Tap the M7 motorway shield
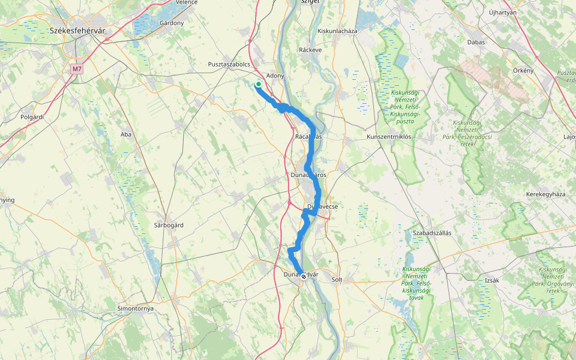click(76, 69)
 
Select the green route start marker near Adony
click(258, 85)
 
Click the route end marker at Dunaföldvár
click(304, 277)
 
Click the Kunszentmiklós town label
click(389, 137)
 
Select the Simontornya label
click(136, 308)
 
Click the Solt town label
click(337, 280)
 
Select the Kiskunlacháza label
click(337, 31)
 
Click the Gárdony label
click(172, 23)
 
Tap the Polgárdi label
click(32, 117)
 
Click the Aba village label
click(126, 134)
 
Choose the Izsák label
click(492, 280)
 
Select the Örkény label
click(523, 70)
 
